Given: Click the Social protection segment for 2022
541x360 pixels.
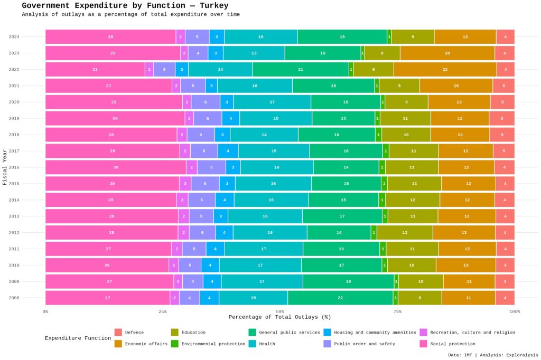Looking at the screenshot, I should tap(95, 70).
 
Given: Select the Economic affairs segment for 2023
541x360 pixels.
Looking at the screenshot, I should tap(447, 53).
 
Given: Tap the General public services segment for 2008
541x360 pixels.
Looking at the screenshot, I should tap(340, 298).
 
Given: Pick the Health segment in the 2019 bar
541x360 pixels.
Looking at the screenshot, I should tap(276, 118).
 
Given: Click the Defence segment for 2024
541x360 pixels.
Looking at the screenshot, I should tap(505, 37).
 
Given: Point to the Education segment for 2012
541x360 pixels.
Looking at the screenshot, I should tap(405, 232).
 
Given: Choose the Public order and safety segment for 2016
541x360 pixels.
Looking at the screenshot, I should tap(211, 167).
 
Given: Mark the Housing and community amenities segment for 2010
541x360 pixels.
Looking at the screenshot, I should tap(210, 265).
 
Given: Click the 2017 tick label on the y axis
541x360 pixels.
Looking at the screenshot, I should tap(14, 151).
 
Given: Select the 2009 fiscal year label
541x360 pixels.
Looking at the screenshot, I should tap(14, 281).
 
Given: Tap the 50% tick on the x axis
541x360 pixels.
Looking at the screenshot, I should tap(280, 311).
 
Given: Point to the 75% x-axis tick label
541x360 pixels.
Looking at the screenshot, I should tap(397, 311).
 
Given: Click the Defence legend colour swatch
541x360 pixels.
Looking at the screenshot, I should tap(118, 333).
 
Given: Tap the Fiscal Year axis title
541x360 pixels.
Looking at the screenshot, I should tap(5, 167).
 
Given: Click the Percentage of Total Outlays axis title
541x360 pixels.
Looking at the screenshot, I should tap(279, 317).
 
